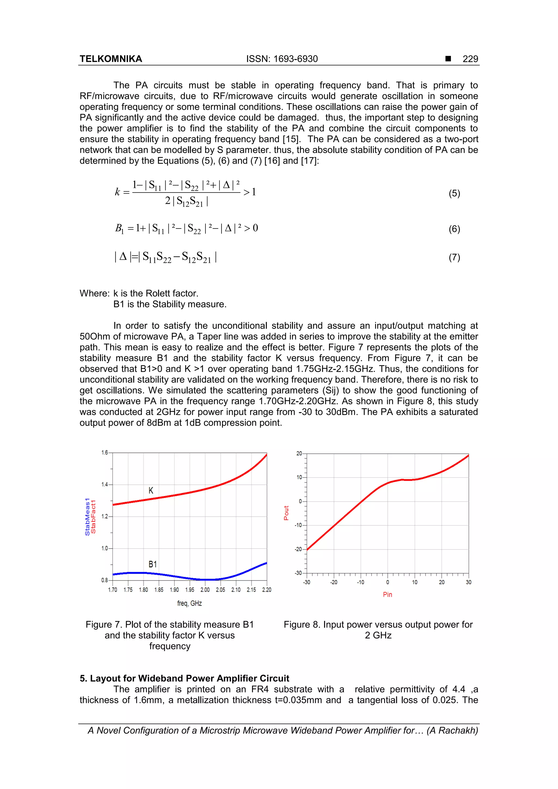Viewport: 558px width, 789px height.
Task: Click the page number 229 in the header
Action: pyautogui.click(x=470, y=59)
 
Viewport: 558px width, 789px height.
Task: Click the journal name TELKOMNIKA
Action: pyautogui.click(x=111, y=59)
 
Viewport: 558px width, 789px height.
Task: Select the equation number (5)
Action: pyautogui.click(x=454, y=193)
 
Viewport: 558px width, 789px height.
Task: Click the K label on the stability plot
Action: pyautogui.click(x=151, y=491)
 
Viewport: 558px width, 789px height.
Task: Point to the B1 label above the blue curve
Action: pyautogui.click(x=152, y=564)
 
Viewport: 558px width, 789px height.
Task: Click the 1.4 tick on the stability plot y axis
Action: pyautogui.click(x=105, y=485)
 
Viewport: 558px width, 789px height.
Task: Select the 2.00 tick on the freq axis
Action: pyautogui.click(x=205, y=590)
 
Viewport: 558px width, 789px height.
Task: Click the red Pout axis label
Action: pyautogui.click(x=286, y=513)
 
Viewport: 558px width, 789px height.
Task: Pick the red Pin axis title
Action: pyautogui.click(x=387, y=595)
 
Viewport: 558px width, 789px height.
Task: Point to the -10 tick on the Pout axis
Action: pyautogui.click(x=298, y=525)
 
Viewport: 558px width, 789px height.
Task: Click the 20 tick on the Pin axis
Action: pyautogui.click(x=441, y=582)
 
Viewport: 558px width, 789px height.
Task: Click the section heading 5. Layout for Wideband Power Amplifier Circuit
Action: pyautogui.click(x=184, y=678)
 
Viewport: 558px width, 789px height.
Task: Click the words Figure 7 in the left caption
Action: pyautogui.click(x=104, y=625)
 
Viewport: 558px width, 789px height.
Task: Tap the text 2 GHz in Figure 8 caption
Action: pyautogui.click(x=378, y=635)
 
